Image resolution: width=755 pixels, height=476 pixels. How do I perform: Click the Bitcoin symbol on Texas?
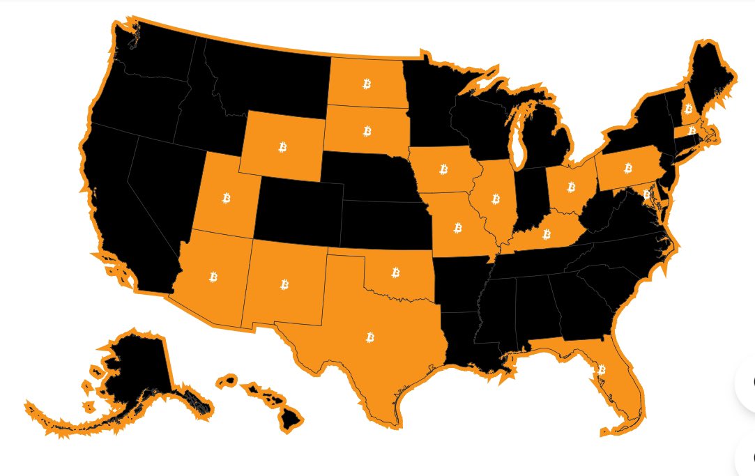coord(369,337)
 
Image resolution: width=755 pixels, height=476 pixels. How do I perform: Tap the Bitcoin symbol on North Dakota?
coord(367,84)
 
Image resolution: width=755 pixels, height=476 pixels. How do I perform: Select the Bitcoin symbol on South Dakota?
coord(367,130)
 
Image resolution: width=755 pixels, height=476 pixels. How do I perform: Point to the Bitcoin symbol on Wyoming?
coord(283,146)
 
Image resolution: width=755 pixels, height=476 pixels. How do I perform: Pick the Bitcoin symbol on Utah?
coord(226,198)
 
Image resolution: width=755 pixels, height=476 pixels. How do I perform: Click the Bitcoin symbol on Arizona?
coord(213,277)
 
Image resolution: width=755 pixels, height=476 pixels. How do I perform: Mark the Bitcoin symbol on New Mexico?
coord(284,284)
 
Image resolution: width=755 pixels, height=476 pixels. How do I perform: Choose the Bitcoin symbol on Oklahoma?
coord(395,272)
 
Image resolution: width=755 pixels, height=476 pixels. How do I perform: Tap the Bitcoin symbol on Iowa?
coord(443,169)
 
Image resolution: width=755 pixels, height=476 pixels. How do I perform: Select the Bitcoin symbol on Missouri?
coord(458,227)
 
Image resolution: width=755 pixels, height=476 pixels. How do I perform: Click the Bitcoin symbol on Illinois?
coord(496,199)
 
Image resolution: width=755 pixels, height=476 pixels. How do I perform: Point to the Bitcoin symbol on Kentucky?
coord(546,235)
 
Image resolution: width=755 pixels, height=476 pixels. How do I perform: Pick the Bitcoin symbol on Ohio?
coord(571,187)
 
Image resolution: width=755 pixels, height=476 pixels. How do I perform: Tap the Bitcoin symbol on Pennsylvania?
coord(627,167)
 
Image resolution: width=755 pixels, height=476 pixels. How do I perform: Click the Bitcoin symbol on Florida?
coord(602,369)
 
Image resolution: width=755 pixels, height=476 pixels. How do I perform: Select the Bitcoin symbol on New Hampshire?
coord(688,108)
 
